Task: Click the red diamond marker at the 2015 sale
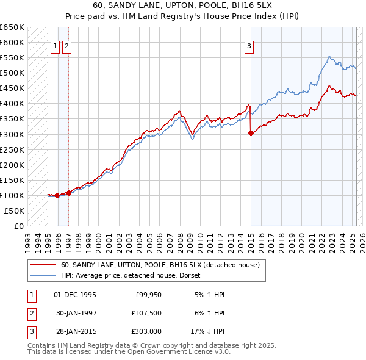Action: [x=251, y=134]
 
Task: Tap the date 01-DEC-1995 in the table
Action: [x=75, y=294]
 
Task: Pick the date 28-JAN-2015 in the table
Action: [x=75, y=331]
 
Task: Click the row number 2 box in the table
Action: [x=31, y=313]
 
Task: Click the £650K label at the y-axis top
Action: [x=12, y=27]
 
